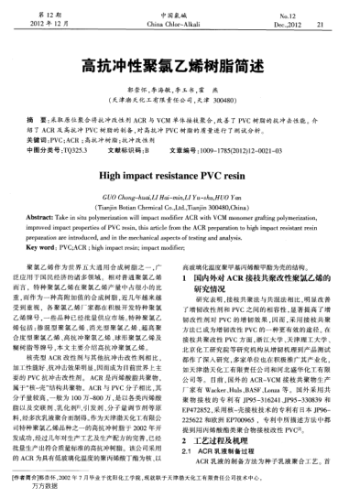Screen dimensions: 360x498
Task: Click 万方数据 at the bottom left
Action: tap(38, 488)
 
